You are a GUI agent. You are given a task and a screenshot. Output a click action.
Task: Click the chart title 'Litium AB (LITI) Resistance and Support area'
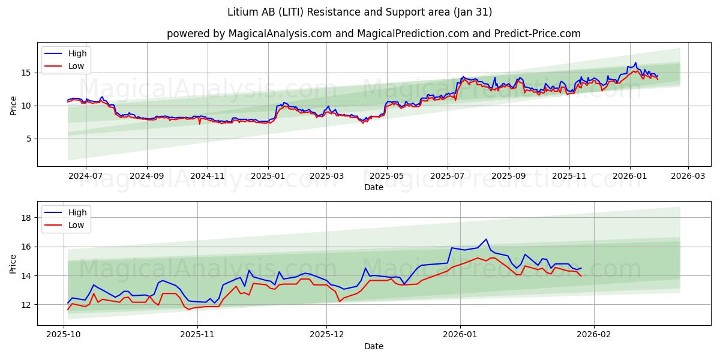tap(360, 12)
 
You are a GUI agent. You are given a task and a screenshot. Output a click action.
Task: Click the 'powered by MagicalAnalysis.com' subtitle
tap(373, 34)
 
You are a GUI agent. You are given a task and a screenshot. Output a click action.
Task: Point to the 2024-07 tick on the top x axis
tap(85, 176)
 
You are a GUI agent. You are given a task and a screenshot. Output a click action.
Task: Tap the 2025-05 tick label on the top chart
tap(386, 176)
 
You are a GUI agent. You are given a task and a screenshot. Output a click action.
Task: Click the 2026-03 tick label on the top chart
tap(688, 176)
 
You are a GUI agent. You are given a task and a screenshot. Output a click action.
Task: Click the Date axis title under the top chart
tap(373, 187)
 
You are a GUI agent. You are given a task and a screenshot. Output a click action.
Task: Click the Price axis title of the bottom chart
tap(14, 263)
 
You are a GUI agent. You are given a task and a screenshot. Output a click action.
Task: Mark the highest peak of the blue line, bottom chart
tap(486, 239)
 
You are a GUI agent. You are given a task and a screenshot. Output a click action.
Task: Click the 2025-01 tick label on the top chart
tap(268, 176)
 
